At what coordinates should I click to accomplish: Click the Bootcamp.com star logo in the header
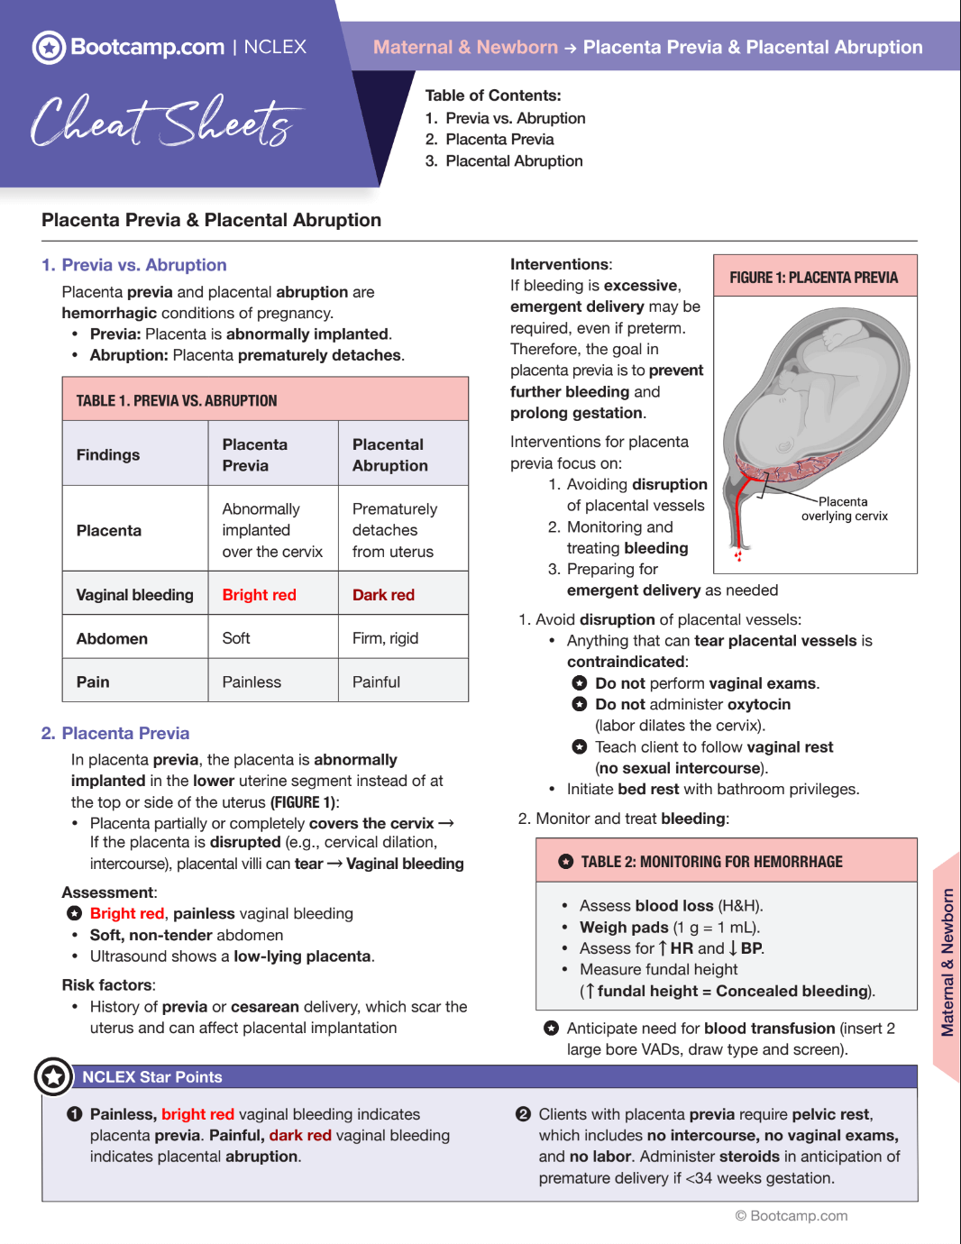click(x=49, y=47)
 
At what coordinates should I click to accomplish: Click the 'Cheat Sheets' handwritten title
click(x=162, y=122)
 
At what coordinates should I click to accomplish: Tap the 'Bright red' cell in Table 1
click(x=259, y=595)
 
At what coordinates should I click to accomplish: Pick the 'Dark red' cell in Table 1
click(x=383, y=595)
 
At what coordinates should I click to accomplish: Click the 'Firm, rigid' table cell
click(x=385, y=638)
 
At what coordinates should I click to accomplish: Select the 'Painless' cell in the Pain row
click(x=252, y=682)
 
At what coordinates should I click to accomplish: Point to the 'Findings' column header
click(x=108, y=455)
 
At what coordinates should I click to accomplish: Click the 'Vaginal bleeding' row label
click(x=134, y=595)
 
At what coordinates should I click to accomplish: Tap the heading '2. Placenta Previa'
click(x=115, y=734)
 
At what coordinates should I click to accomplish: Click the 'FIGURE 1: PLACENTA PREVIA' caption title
click(x=813, y=278)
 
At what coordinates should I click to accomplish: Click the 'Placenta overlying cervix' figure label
click(x=844, y=509)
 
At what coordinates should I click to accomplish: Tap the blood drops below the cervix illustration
click(x=738, y=554)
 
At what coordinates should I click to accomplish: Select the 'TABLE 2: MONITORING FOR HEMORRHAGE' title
click(x=711, y=862)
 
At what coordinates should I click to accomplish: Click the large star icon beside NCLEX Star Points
click(x=53, y=1076)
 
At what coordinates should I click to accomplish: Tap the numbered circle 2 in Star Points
click(x=523, y=1114)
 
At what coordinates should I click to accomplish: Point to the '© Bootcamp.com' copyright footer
click(x=792, y=1216)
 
